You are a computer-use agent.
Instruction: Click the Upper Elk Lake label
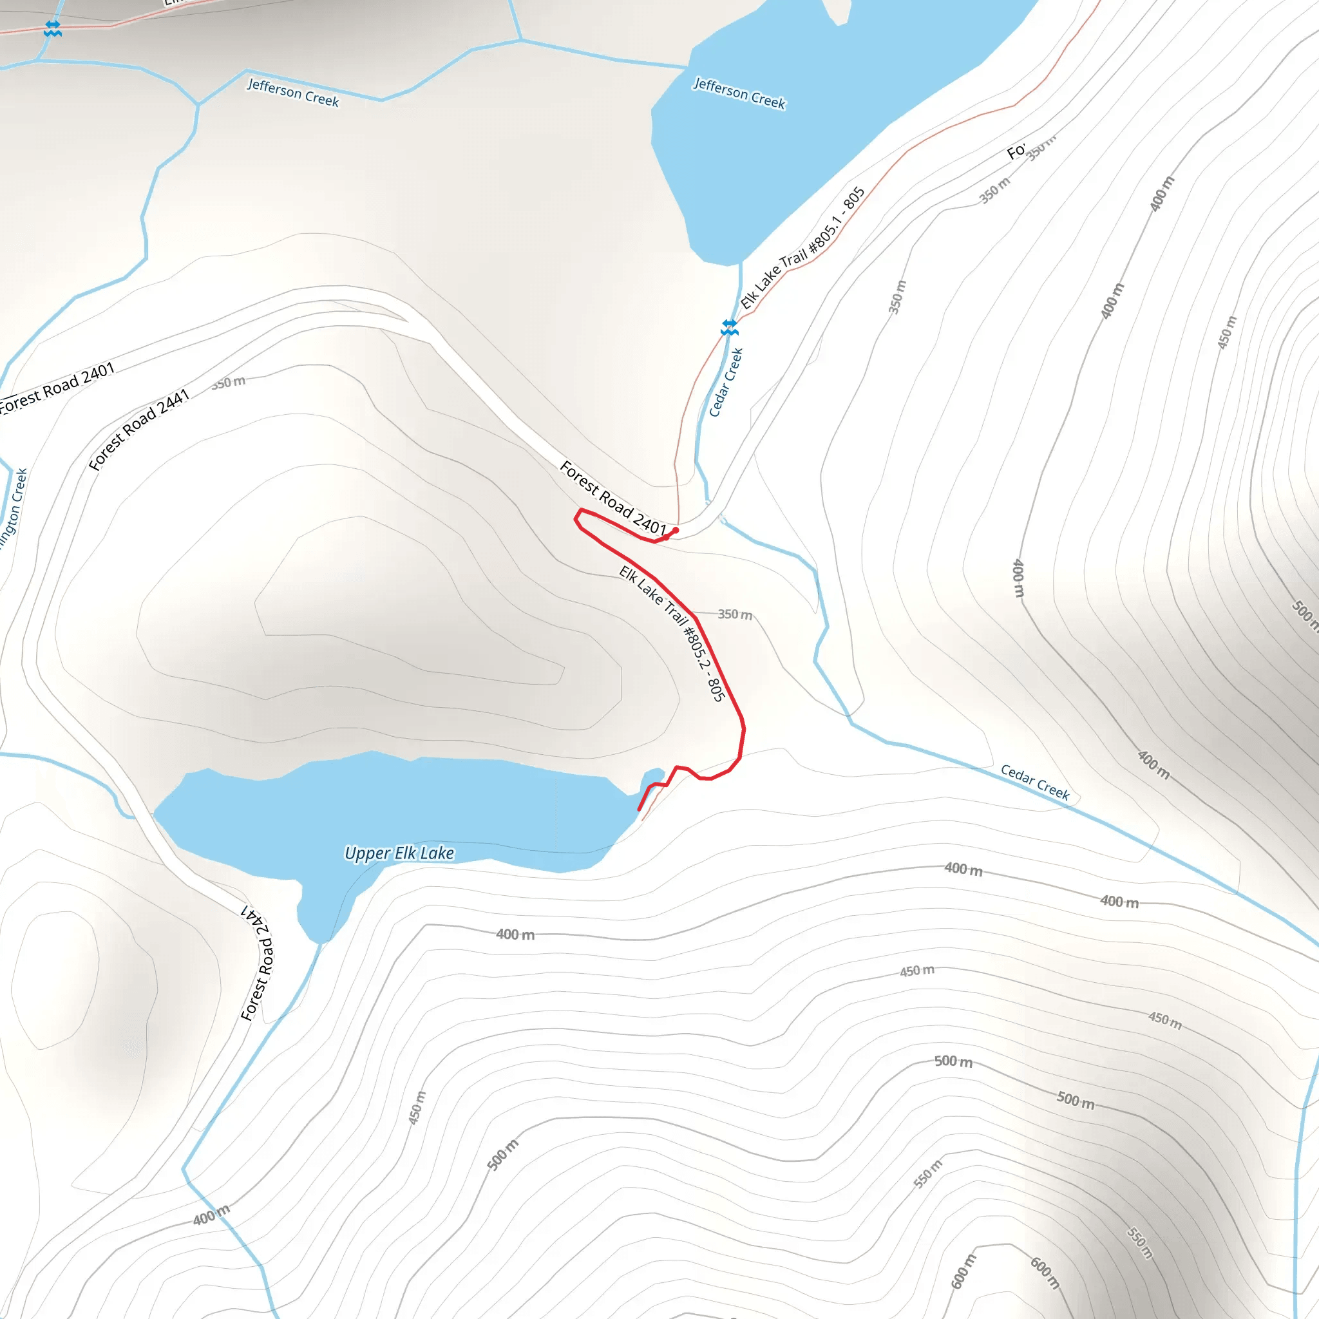(x=399, y=853)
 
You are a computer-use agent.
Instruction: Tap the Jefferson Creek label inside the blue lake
(x=739, y=93)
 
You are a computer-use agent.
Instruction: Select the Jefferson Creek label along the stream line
(x=293, y=92)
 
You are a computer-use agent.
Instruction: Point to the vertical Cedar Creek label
(x=726, y=383)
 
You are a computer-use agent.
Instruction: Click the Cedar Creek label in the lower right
(x=1034, y=782)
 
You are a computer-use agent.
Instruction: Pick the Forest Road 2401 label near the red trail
(x=612, y=498)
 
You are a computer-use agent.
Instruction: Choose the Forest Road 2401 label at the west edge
(x=57, y=387)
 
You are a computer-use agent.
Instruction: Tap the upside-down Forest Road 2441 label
(x=258, y=963)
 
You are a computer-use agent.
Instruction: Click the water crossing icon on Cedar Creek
(x=729, y=328)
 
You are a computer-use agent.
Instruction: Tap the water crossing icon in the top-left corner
(x=53, y=29)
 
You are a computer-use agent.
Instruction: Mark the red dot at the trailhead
(x=675, y=531)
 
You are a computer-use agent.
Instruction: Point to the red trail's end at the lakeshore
(x=639, y=810)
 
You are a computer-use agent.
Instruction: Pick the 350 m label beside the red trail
(x=735, y=614)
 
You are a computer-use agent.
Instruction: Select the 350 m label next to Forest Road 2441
(x=228, y=383)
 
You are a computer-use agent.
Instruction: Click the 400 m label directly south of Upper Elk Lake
(x=515, y=934)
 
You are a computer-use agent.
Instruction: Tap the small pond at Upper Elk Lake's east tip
(x=652, y=777)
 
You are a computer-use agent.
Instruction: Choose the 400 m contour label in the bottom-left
(x=211, y=1215)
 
